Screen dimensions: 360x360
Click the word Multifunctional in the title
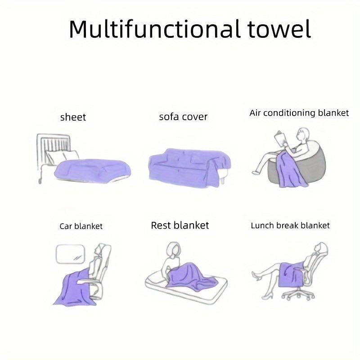tap(155, 29)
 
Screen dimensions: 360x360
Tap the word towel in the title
tap(279, 29)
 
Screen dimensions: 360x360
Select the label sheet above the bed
tap(73, 117)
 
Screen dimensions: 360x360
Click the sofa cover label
tap(183, 117)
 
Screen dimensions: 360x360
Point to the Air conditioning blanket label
tap(299, 113)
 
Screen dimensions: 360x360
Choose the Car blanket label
tap(81, 226)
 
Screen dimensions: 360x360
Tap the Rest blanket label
tap(180, 225)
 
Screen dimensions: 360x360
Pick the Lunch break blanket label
tap(290, 225)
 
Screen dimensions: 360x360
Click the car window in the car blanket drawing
tap(71, 254)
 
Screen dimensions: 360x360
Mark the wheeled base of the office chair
tap(298, 294)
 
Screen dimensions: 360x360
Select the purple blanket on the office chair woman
tap(290, 274)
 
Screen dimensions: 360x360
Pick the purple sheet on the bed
tap(93, 171)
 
